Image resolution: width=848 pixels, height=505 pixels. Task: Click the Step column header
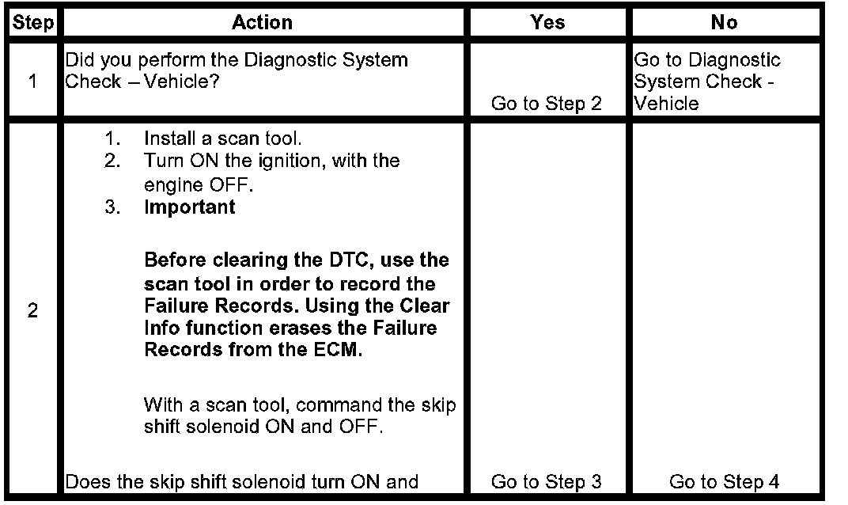pyautogui.click(x=32, y=23)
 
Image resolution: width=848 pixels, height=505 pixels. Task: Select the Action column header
pyautogui.click(x=263, y=23)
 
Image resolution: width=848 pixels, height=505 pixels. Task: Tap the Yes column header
pyautogui.click(x=547, y=23)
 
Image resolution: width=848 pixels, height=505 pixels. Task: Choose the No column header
pyautogui.click(x=723, y=23)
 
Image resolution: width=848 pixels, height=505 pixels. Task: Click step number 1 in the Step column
pyautogui.click(x=32, y=82)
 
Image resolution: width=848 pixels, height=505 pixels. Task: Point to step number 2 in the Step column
pyautogui.click(x=32, y=311)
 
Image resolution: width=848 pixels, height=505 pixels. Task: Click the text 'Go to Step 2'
pyautogui.click(x=546, y=104)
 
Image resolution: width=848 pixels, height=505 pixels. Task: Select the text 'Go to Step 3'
pyautogui.click(x=546, y=481)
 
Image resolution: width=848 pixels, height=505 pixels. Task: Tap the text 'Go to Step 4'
pyautogui.click(x=724, y=481)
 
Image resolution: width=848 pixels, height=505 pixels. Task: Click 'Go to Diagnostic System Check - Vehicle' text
pyautogui.click(x=707, y=82)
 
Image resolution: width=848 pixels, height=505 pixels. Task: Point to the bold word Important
pyautogui.click(x=190, y=207)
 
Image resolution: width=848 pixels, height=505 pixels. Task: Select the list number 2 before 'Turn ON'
pyautogui.click(x=114, y=161)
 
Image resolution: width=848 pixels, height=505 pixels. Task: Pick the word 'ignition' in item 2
pyautogui.click(x=301, y=161)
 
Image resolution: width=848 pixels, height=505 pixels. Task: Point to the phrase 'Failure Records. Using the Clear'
pyautogui.click(x=297, y=306)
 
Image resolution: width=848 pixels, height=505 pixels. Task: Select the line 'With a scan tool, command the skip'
pyautogui.click(x=299, y=405)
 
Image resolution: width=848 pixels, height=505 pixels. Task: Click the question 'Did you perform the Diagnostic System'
pyautogui.click(x=237, y=60)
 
